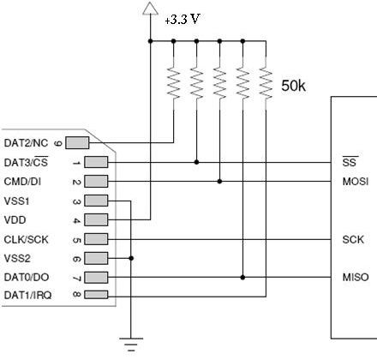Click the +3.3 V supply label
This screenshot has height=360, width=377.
(182, 20)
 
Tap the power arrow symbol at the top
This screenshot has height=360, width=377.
(150, 8)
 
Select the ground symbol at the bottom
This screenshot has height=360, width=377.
(131, 345)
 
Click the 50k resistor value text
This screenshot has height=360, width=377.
(293, 86)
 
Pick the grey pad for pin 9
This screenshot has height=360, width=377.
(77, 143)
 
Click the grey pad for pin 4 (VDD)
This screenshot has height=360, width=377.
(96, 220)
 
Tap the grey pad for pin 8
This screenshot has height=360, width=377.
(96, 295)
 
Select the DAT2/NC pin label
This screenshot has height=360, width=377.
(26, 143)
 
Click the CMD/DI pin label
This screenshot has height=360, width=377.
(22, 182)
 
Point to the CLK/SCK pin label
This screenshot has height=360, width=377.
(26, 239)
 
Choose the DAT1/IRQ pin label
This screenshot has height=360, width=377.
(27, 295)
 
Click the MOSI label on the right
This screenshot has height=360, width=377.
(356, 182)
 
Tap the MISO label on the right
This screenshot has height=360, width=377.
(356, 277)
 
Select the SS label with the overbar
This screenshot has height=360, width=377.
(350, 162)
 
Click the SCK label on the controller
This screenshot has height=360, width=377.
(353, 239)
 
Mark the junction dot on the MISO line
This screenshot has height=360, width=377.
(242, 277)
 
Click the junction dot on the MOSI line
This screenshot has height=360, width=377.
(219, 182)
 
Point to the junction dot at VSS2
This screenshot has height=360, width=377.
(131, 258)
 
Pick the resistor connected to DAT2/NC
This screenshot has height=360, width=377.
(173, 83)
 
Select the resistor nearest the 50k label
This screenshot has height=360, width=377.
(266, 83)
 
